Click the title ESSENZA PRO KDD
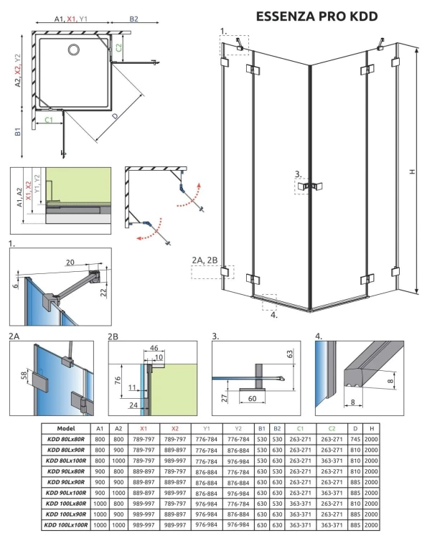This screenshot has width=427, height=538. [316, 15]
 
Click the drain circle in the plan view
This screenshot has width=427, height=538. [75, 49]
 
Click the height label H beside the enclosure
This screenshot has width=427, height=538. [411, 171]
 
